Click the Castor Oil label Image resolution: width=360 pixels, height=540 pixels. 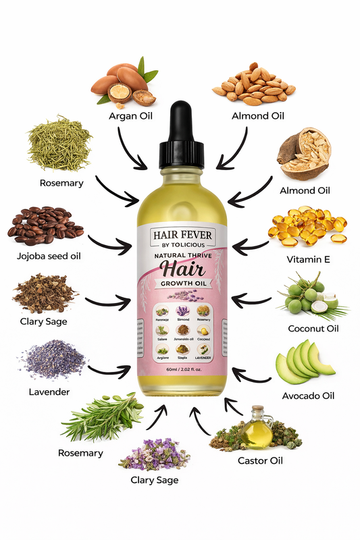click(x=260, y=461)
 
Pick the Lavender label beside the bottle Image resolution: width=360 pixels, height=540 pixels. click(x=49, y=391)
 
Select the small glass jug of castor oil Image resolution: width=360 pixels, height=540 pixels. click(x=256, y=429)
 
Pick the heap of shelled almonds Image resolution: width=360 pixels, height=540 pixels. click(x=254, y=86)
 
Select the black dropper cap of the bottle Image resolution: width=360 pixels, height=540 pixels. click(x=179, y=135)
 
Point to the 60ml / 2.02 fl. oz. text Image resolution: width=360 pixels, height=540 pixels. click(x=180, y=369)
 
